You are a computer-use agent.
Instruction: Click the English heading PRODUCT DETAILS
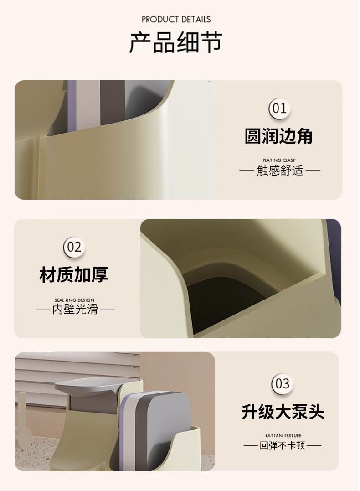(176, 20)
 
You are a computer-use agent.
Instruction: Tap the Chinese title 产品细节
(176, 42)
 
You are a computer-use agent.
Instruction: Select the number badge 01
(279, 109)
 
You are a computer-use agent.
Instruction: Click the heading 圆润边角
(278, 136)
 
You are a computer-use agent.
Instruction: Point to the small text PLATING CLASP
(279, 160)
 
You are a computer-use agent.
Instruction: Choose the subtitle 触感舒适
(280, 171)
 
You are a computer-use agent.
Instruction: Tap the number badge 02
(74, 247)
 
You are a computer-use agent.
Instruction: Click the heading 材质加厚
(74, 274)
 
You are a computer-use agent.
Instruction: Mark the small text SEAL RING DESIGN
(74, 300)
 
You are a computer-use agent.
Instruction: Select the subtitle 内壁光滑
(75, 310)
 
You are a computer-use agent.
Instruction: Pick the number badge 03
(283, 384)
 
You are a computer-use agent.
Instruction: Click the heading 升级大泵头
(283, 412)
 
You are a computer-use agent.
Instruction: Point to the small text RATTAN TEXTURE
(283, 435)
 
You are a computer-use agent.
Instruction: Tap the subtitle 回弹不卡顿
(283, 445)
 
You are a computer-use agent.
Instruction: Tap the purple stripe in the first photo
(72, 105)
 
